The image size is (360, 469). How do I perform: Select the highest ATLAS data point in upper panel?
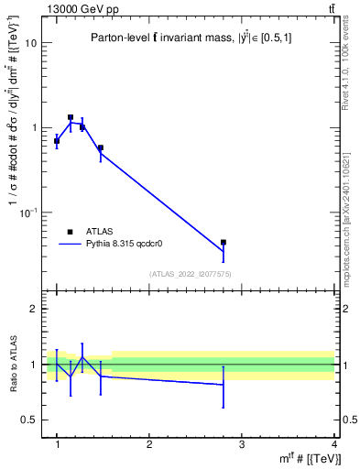[x=70, y=117]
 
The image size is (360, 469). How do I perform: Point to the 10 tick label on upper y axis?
[x=29, y=43]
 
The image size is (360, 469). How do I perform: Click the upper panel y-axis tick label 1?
[x=33, y=128]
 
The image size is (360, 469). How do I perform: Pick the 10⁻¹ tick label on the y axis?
[x=28, y=213]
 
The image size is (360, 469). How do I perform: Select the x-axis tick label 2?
[x=149, y=445]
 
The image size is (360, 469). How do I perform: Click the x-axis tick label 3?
[x=241, y=445]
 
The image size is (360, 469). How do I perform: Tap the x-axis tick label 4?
[x=333, y=445]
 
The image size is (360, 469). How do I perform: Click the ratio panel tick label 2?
[x=33, y=309]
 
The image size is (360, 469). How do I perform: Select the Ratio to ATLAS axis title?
[x=14, y=365]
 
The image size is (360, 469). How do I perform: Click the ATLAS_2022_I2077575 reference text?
[x=191, y=274]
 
